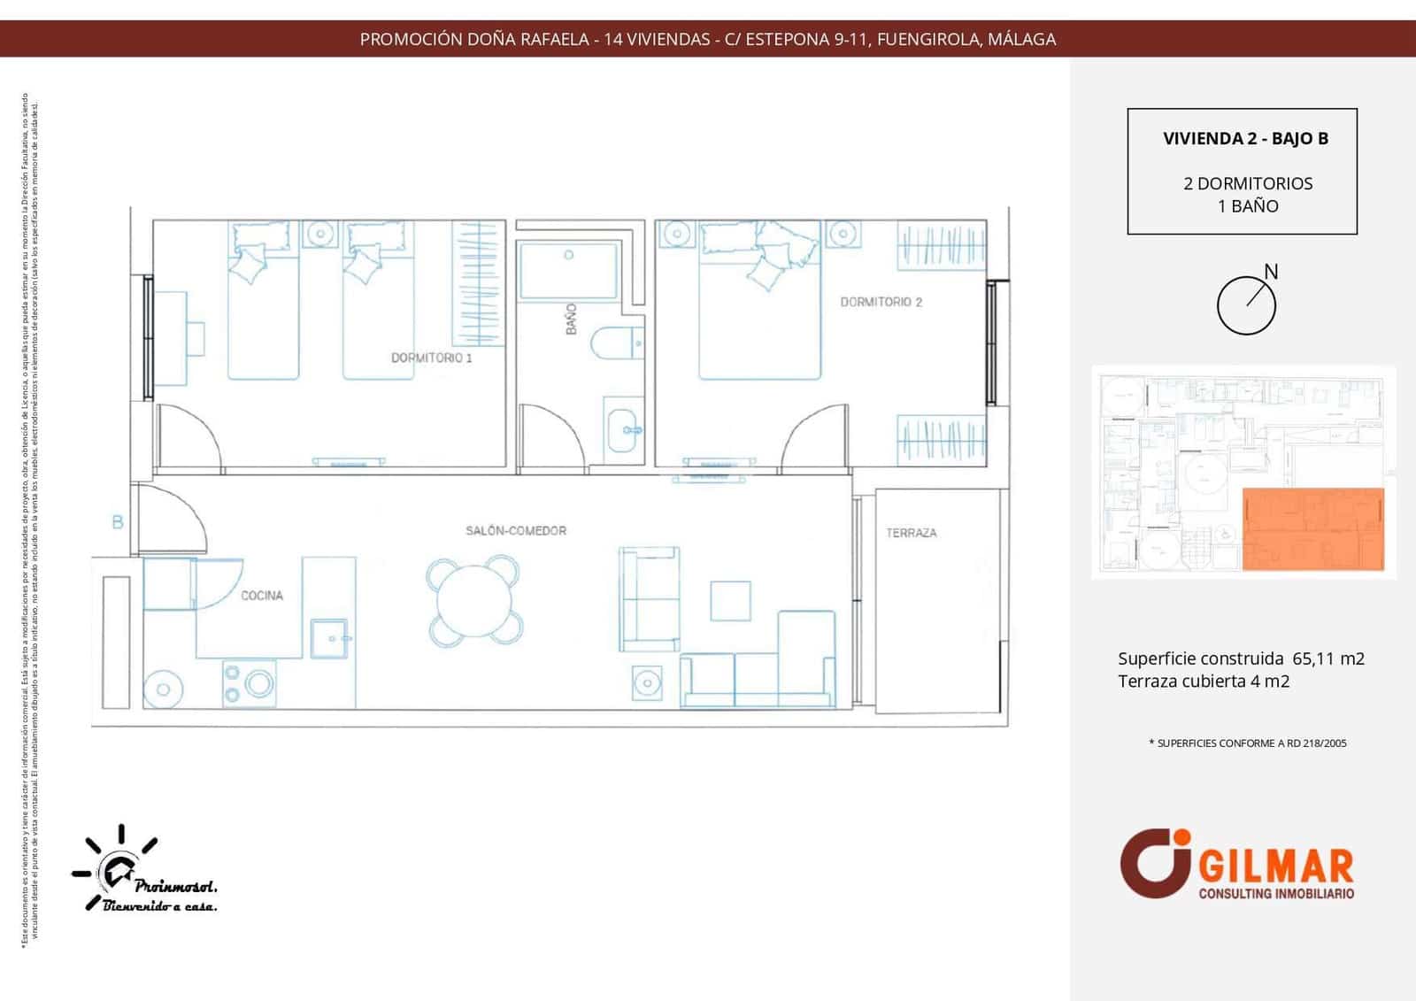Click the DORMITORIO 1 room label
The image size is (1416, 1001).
tap(431, 358)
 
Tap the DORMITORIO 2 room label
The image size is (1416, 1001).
tap(881, 302)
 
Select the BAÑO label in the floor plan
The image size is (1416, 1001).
tap(571, 319)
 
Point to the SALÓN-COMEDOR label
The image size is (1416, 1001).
tap(516, 530)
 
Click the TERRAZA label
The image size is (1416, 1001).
tap(911, 533)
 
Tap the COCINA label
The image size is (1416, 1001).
tap(262, 596)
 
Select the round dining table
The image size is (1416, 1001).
tap(473, 599)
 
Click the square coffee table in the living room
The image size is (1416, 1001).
tap(730, 601)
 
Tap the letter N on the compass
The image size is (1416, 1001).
tap(1271, 272)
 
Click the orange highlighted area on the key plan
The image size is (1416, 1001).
tap(1313, 528)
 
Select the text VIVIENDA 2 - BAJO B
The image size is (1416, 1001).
tap(1245, 138)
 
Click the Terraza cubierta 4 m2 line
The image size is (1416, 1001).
tap(1203, 681)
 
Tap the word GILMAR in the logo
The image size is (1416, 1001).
tap(1275, 867)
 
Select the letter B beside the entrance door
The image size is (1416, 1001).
tap(118, 522)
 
